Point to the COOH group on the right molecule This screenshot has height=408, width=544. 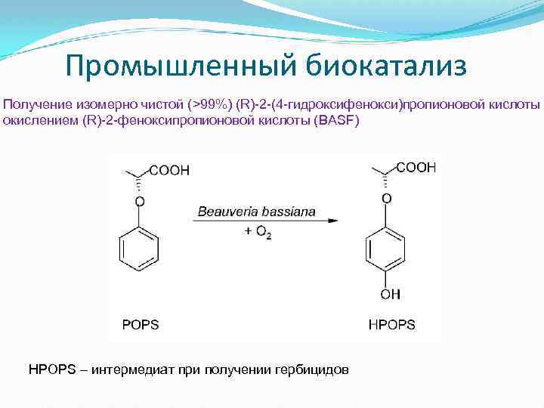point(416,168)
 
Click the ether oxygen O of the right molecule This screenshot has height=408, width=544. point(386,198)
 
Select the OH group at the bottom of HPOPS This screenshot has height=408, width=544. point(391,294)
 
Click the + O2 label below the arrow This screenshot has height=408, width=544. point(258,232)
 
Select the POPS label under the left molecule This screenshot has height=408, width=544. point(141,324)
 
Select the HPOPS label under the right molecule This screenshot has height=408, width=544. point(391,324)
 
